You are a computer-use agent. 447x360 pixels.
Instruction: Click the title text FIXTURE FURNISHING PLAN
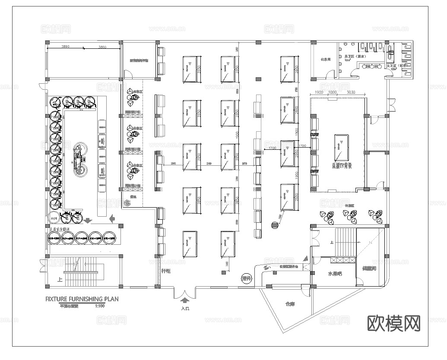[82, 298]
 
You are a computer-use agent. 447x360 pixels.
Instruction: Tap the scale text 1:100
[100, 306]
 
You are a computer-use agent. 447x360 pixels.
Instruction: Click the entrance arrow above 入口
[185, 300]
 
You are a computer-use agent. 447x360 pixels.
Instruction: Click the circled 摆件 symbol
[247, 278]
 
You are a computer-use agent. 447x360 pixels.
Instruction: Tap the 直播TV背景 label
[342, 165]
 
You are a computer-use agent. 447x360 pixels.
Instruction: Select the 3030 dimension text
[350, 93]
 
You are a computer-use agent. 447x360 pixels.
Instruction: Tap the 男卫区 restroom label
[350, 57]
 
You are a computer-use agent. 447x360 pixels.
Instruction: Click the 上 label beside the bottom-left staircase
[59, 279]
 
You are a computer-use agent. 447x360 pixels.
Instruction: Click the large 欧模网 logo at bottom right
[393, 323]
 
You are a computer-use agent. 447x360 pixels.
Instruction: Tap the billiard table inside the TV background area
[342, 148]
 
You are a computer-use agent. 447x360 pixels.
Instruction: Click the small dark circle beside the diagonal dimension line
[275, 224]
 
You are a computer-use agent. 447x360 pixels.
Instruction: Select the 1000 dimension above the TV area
[333, 93]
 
